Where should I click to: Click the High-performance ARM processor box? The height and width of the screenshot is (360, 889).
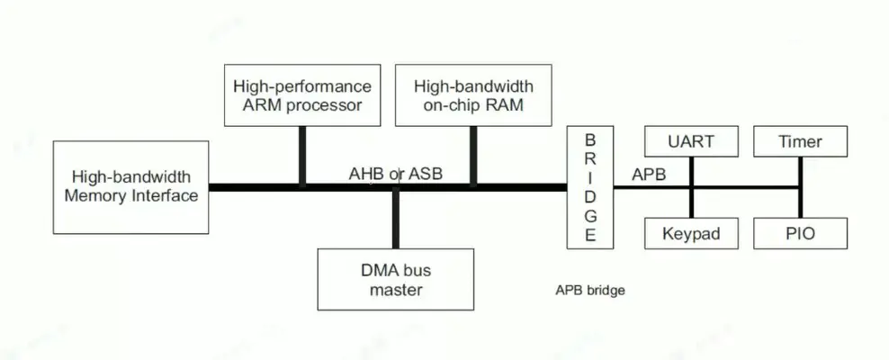coord(301,95)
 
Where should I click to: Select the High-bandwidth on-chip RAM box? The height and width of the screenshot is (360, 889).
coord(473,95)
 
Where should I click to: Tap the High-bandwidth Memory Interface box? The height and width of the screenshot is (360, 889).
coord(130,186)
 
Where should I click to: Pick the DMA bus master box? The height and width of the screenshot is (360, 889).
coord(396,278)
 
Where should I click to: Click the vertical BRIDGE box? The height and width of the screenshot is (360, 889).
coord(590,187)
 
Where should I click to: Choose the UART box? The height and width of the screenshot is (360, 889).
coord(691,142)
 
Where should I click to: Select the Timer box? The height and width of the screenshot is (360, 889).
coord(800,142)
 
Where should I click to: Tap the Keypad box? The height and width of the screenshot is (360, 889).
coord(691,234)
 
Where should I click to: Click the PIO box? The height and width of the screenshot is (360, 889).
coord(800,234)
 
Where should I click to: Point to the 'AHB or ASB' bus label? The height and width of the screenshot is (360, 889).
coord(396,174)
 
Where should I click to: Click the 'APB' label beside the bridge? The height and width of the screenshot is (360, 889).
coord(649,175)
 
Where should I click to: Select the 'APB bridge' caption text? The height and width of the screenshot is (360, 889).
coord(589,291)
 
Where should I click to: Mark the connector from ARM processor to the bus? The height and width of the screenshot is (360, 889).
coord(302,155)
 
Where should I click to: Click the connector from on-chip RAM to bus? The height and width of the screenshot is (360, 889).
coord(473,155)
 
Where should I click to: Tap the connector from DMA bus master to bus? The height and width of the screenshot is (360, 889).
coord(396,220)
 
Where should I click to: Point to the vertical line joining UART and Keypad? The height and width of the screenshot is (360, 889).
coord(691,202)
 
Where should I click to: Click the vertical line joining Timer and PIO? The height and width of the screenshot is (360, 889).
coord(800,202)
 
